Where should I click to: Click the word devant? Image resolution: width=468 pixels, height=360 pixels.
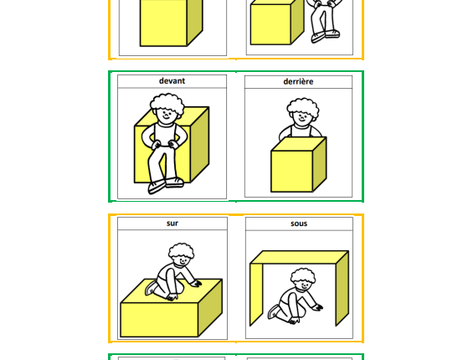tap(172, 81)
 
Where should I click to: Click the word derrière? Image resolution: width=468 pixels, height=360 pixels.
tap(298, 81)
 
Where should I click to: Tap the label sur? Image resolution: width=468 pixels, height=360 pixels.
tap(172, 224)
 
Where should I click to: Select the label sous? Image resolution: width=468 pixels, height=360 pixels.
tap(299, 224)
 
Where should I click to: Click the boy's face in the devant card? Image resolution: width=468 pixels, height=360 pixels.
tap(166, 115)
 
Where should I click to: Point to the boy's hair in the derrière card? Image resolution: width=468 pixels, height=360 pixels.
tap(303, 106)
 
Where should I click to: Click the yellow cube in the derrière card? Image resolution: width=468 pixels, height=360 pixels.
tap(299, 164)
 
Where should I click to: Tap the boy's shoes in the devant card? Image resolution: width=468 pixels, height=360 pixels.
tap(166, 185)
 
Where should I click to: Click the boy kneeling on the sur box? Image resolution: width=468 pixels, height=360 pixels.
tap(173, 271)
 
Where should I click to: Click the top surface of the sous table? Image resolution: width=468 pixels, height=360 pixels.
tap(299, 257)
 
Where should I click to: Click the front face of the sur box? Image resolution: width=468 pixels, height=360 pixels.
tap(159, 320)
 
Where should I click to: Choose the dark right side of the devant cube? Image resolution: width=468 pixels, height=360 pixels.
tap(199, 144)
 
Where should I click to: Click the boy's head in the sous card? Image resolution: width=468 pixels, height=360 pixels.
tap(303, 280)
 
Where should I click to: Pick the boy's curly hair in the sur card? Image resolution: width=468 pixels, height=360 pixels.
tap(181, 250)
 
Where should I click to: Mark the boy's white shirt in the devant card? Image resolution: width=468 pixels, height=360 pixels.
tap(163, 134)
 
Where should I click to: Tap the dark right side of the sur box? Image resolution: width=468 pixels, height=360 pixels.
tap(210, 307)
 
